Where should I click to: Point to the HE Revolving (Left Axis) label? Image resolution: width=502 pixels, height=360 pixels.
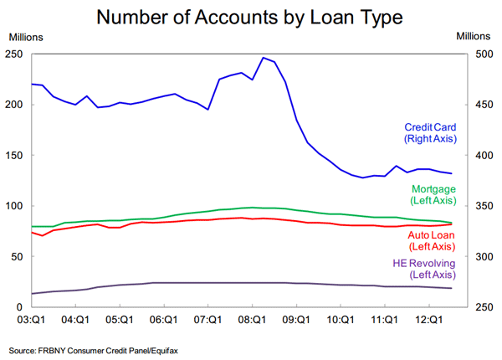(424, 269)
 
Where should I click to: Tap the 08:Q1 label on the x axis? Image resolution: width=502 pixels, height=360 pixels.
(252, 319)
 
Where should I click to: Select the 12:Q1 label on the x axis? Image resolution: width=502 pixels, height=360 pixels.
(428, 319)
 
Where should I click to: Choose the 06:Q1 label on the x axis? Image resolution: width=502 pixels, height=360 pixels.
(164, 319)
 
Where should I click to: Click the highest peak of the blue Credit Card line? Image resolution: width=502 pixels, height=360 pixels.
(264, 58)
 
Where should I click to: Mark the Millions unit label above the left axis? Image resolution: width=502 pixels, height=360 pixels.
(26, 36)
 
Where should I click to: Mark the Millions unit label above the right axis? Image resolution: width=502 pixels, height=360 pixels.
(474, 36)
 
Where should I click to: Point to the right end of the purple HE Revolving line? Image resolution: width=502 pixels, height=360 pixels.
(452, 288)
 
